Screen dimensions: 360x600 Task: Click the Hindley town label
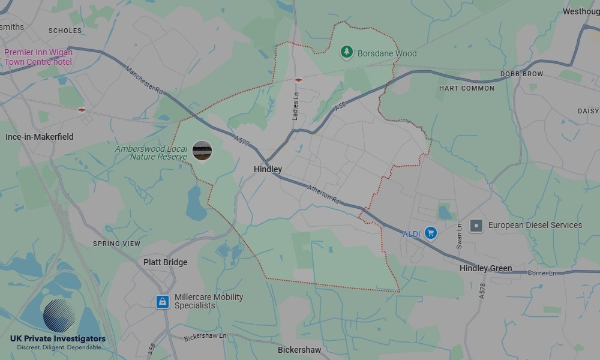point(268,169)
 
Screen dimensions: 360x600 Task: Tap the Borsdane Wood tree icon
point(346,53)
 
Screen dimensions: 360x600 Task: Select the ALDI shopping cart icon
point(430,233)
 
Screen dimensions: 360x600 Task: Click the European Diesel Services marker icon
point(476,226)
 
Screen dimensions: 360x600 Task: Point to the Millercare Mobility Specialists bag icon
point(162,301)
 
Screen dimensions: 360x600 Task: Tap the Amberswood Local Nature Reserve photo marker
point(202,151)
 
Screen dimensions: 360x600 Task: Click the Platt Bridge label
point(165,262)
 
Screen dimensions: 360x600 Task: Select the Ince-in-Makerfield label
point(40,137)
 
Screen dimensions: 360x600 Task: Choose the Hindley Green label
point(485,268)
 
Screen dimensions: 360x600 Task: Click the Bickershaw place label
point(299,350)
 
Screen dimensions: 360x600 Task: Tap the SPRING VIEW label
point(116,244)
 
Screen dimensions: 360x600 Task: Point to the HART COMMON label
point(467,88)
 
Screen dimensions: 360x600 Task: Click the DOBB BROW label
point(521,74)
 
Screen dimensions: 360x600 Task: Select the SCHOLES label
point(65,31)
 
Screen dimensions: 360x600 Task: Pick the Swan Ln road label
point(460,236)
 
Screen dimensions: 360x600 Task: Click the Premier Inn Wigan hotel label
point(38,57)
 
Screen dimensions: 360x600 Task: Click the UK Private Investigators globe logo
point(59,317)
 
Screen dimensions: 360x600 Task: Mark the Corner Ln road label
point(542,274)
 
